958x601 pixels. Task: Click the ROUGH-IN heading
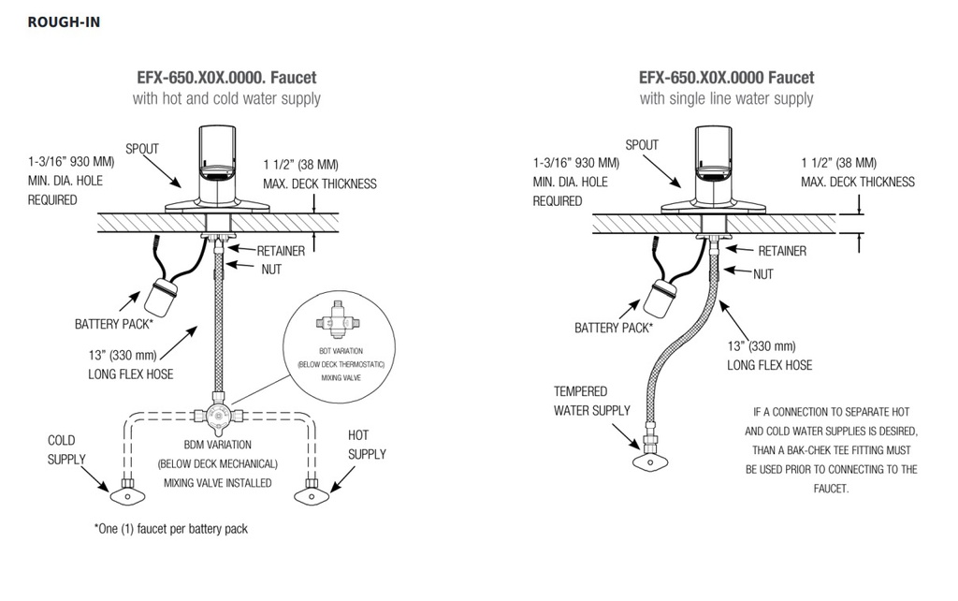tap(64, 22)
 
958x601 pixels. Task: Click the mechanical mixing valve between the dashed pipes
tap(217, 415)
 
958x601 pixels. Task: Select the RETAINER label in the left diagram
tap(281, 251)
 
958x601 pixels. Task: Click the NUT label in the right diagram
tap(763, 274)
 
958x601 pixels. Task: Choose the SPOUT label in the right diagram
tap(642, 145)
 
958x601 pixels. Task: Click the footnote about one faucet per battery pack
tap(171, 529)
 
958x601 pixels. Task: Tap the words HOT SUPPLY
tap(367, 445)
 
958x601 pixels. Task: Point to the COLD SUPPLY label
tap(66, 449)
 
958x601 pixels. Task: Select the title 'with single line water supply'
tap(726, 98)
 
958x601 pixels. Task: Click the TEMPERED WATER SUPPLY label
tap(592, 401)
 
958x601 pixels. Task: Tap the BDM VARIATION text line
tap(217, 445)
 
